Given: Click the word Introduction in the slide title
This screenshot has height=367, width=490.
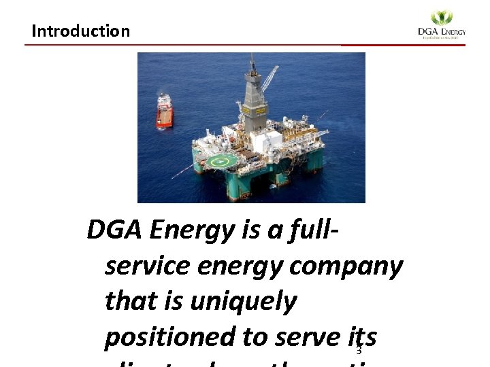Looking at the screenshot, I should (80, 31).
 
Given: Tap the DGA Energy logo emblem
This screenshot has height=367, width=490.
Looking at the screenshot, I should (442, 18).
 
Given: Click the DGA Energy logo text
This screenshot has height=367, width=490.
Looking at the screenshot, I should (442, 32).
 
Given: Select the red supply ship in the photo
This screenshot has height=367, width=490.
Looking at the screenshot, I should (164, 111).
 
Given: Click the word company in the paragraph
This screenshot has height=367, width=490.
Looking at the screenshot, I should (346, 266).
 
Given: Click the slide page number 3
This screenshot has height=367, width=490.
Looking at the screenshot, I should (358, 351).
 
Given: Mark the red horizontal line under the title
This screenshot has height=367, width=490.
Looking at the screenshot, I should (245, 45).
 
